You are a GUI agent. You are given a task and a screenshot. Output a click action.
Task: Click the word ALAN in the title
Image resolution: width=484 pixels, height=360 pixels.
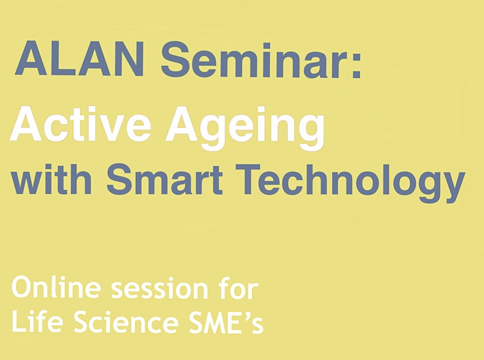tap(79, 59)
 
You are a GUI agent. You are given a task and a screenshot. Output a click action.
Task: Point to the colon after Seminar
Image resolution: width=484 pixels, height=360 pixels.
tap(356, 64)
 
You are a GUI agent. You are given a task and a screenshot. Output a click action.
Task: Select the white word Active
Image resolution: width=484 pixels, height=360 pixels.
tap(81, 124)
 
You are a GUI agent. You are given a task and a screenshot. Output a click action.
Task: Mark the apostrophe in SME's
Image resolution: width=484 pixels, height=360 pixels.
tap(247, 315)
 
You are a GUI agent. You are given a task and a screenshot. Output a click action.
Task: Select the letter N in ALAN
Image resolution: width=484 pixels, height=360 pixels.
tap(128, 59)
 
